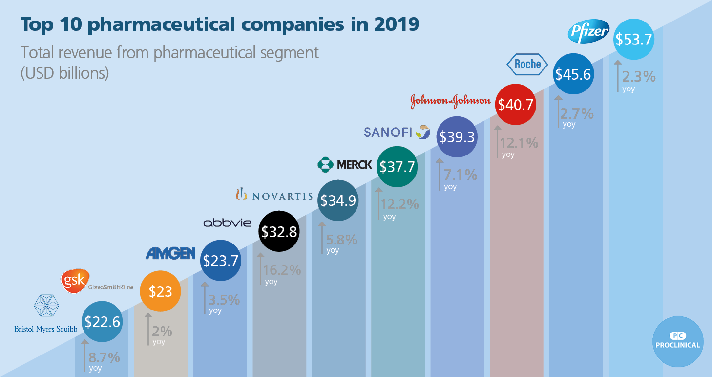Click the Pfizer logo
[x=588, y=33]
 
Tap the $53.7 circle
[x=633, y=40]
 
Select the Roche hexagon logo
[x=527, y=64]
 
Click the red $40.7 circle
[x=515, y=105]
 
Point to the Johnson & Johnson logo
[x=450, y=101]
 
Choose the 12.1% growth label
[x=518, y=143]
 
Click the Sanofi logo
[x=397, y=132]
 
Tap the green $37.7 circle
[x=398, y=167]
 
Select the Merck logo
[x=344, y=165]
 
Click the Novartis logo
[x=274, y=196]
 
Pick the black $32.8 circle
[x=278, y=232]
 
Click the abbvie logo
[x=227, y=223]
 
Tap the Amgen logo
[x=170, y=253]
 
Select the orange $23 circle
[x=160, y=291]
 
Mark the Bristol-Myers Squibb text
[x=46, y=329]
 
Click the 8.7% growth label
[x=104, y=358]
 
